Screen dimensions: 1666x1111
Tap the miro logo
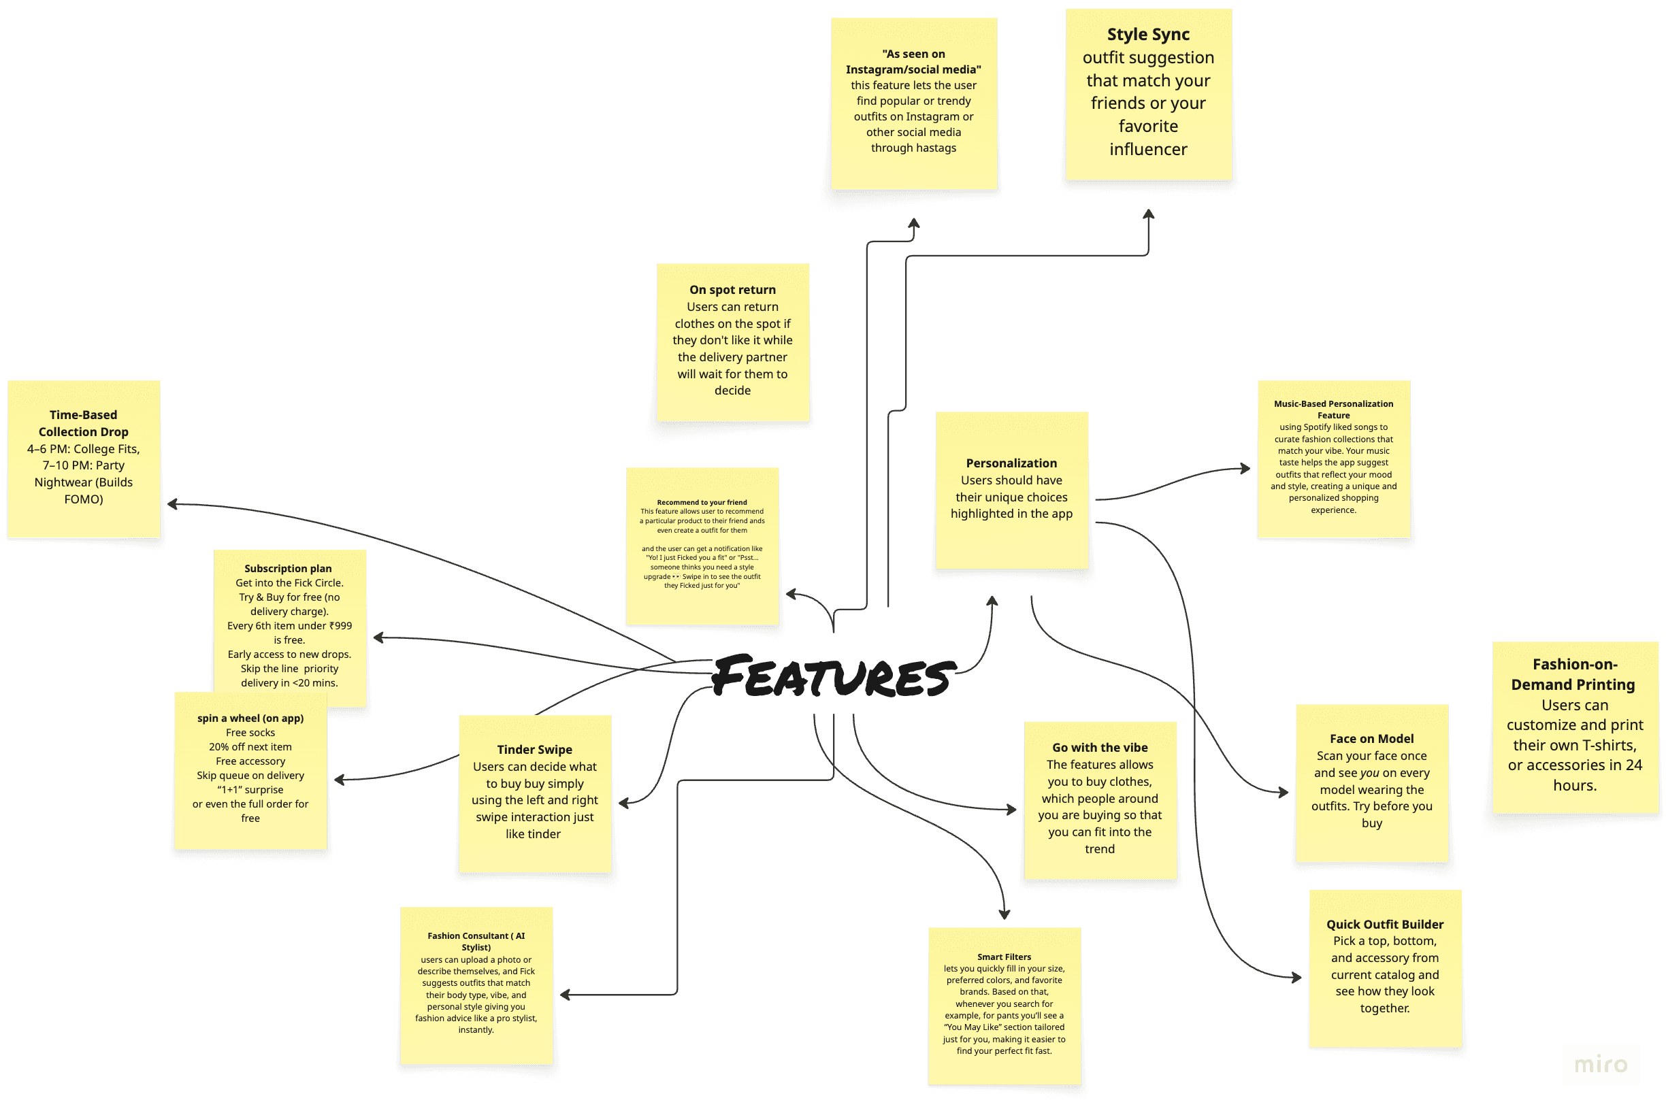click(x=1600, y=1063)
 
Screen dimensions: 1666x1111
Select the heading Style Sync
click(x=1148, y=34)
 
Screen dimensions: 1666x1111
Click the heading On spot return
click(x=732, y=290)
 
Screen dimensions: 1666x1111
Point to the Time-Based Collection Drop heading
click(x=84, y=423)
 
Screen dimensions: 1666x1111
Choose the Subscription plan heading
click(x=288, y=568)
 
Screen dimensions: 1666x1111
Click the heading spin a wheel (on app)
click(x=250, y=718)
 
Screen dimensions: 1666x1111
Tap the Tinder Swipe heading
click(x=534, y=750)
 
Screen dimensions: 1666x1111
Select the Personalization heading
click(x=1011, y=463)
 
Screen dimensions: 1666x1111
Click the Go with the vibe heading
click(x=1100, y=748)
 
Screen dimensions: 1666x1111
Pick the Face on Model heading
click(x=1371, y=739)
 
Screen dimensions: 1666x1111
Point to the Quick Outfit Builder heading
click(x=1385, y=924)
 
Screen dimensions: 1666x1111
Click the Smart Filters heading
click(x=1004, y=957)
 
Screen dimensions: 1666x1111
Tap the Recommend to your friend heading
click(x=702, y=502)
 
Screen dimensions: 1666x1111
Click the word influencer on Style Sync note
click(x=1148, y=150)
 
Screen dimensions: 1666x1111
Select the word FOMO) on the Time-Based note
click(x=84, y=499)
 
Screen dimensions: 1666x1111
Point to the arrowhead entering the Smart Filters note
click(x=1004, y=915)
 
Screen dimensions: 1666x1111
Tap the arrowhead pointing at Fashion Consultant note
click(x=565, y=995)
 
